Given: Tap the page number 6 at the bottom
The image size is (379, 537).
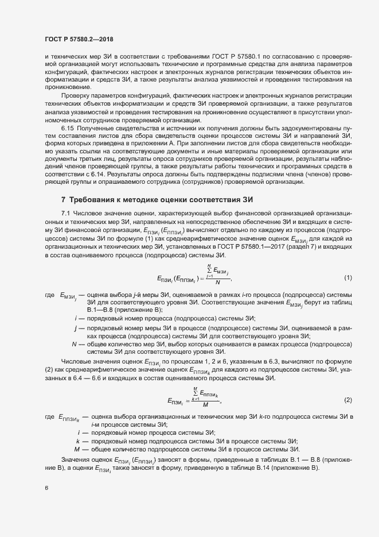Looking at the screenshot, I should pyautogui.click(x=46, y=488).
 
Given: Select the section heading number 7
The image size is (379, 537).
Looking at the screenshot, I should pyautogui.click(x=63, y=199).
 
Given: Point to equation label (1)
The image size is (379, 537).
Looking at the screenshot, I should pyautogui.click(x=347, y=278).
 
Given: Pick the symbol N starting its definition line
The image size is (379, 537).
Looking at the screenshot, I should pyautogui.click(x=75, y=344).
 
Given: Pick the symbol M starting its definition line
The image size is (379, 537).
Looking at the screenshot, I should pyautogui.click(x=76, y=449).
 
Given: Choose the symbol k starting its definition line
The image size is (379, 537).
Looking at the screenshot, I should pyautogui.click(x=77, y=441).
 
